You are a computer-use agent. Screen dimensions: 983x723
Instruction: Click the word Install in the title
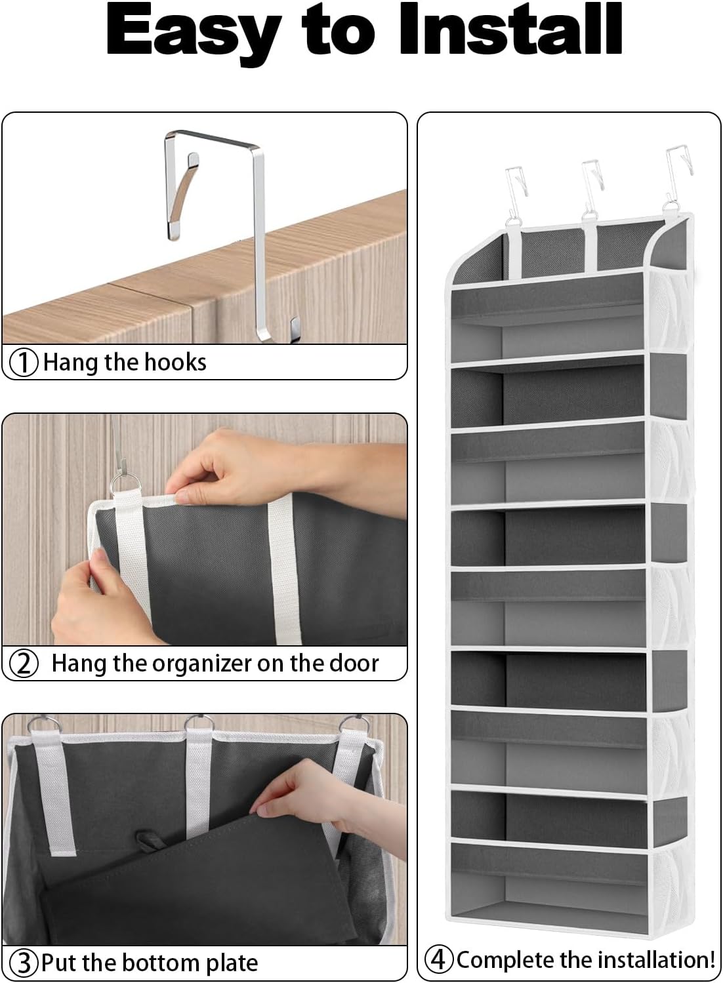point(511,30)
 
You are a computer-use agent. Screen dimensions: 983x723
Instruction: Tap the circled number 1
point(25,363)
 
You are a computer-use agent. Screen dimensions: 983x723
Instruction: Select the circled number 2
point(24,664)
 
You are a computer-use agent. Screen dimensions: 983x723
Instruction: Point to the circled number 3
point(24,963)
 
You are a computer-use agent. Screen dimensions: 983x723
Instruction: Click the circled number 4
point(439,960)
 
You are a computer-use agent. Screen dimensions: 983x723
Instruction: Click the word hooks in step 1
point(175,362)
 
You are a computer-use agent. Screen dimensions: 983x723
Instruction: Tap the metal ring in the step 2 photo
point(125,486)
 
